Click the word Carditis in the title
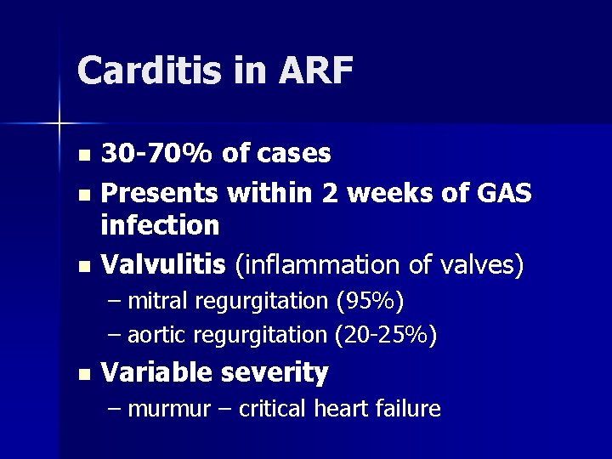pos(148,71)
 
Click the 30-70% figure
pos(157,153)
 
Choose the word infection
pos(160,225)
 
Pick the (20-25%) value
pos(386,336)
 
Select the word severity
pos(275,372)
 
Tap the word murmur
pos(171,409)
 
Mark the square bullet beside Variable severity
pos(82,374)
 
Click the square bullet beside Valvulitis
pos(82,267)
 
